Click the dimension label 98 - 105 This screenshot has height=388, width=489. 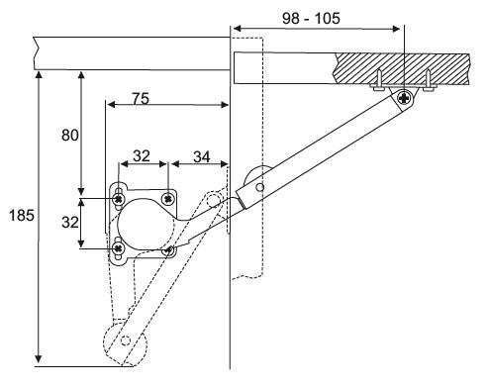click(x=311, y=18)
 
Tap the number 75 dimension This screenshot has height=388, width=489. click(x=141, y=98)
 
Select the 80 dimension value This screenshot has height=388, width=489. click(x=70, y=136)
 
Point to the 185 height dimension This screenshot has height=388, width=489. click(x=22, y=216)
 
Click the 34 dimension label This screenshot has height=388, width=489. click(x=202, y=157)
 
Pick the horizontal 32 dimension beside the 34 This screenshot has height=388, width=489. click(x=142, y=156)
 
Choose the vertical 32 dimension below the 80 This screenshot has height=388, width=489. click(x=70, y=222)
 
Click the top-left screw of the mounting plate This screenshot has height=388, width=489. click(x=118, y=199)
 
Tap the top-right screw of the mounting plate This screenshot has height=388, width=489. click(x=168, y=199)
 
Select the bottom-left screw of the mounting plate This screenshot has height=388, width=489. click(x=118, y=247)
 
